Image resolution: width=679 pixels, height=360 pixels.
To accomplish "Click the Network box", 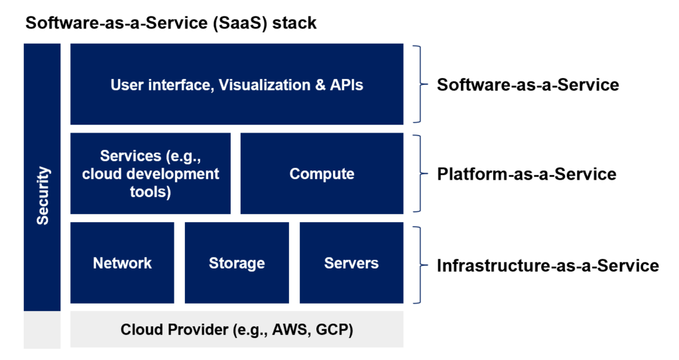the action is coord(122,263).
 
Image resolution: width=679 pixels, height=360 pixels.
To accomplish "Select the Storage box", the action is coord(237,263).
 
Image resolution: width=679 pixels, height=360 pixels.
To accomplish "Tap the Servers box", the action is coord(351,263).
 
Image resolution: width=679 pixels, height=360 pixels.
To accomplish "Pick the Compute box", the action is coord(322,173).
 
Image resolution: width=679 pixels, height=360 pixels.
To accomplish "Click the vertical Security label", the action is coord(42,196).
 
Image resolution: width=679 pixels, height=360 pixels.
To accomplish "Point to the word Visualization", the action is coord(265,85).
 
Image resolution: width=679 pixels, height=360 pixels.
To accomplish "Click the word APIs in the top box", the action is coord(346,85).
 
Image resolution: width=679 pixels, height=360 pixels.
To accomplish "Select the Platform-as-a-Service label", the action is coord(526,174).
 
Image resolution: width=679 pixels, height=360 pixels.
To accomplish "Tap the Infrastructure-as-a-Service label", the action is coord(548,266).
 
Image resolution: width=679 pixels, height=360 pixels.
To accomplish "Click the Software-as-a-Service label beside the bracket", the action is coord(528,84).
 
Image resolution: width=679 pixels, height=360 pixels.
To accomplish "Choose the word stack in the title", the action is coord(294,23).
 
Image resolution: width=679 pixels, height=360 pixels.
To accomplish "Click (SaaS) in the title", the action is coord(239,23).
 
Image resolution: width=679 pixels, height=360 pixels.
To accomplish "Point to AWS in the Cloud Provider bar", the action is coord(290,330).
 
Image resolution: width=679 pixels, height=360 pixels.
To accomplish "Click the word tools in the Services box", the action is coord(151,192).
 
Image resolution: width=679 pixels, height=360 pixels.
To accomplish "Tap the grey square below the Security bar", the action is coord(42,330).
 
